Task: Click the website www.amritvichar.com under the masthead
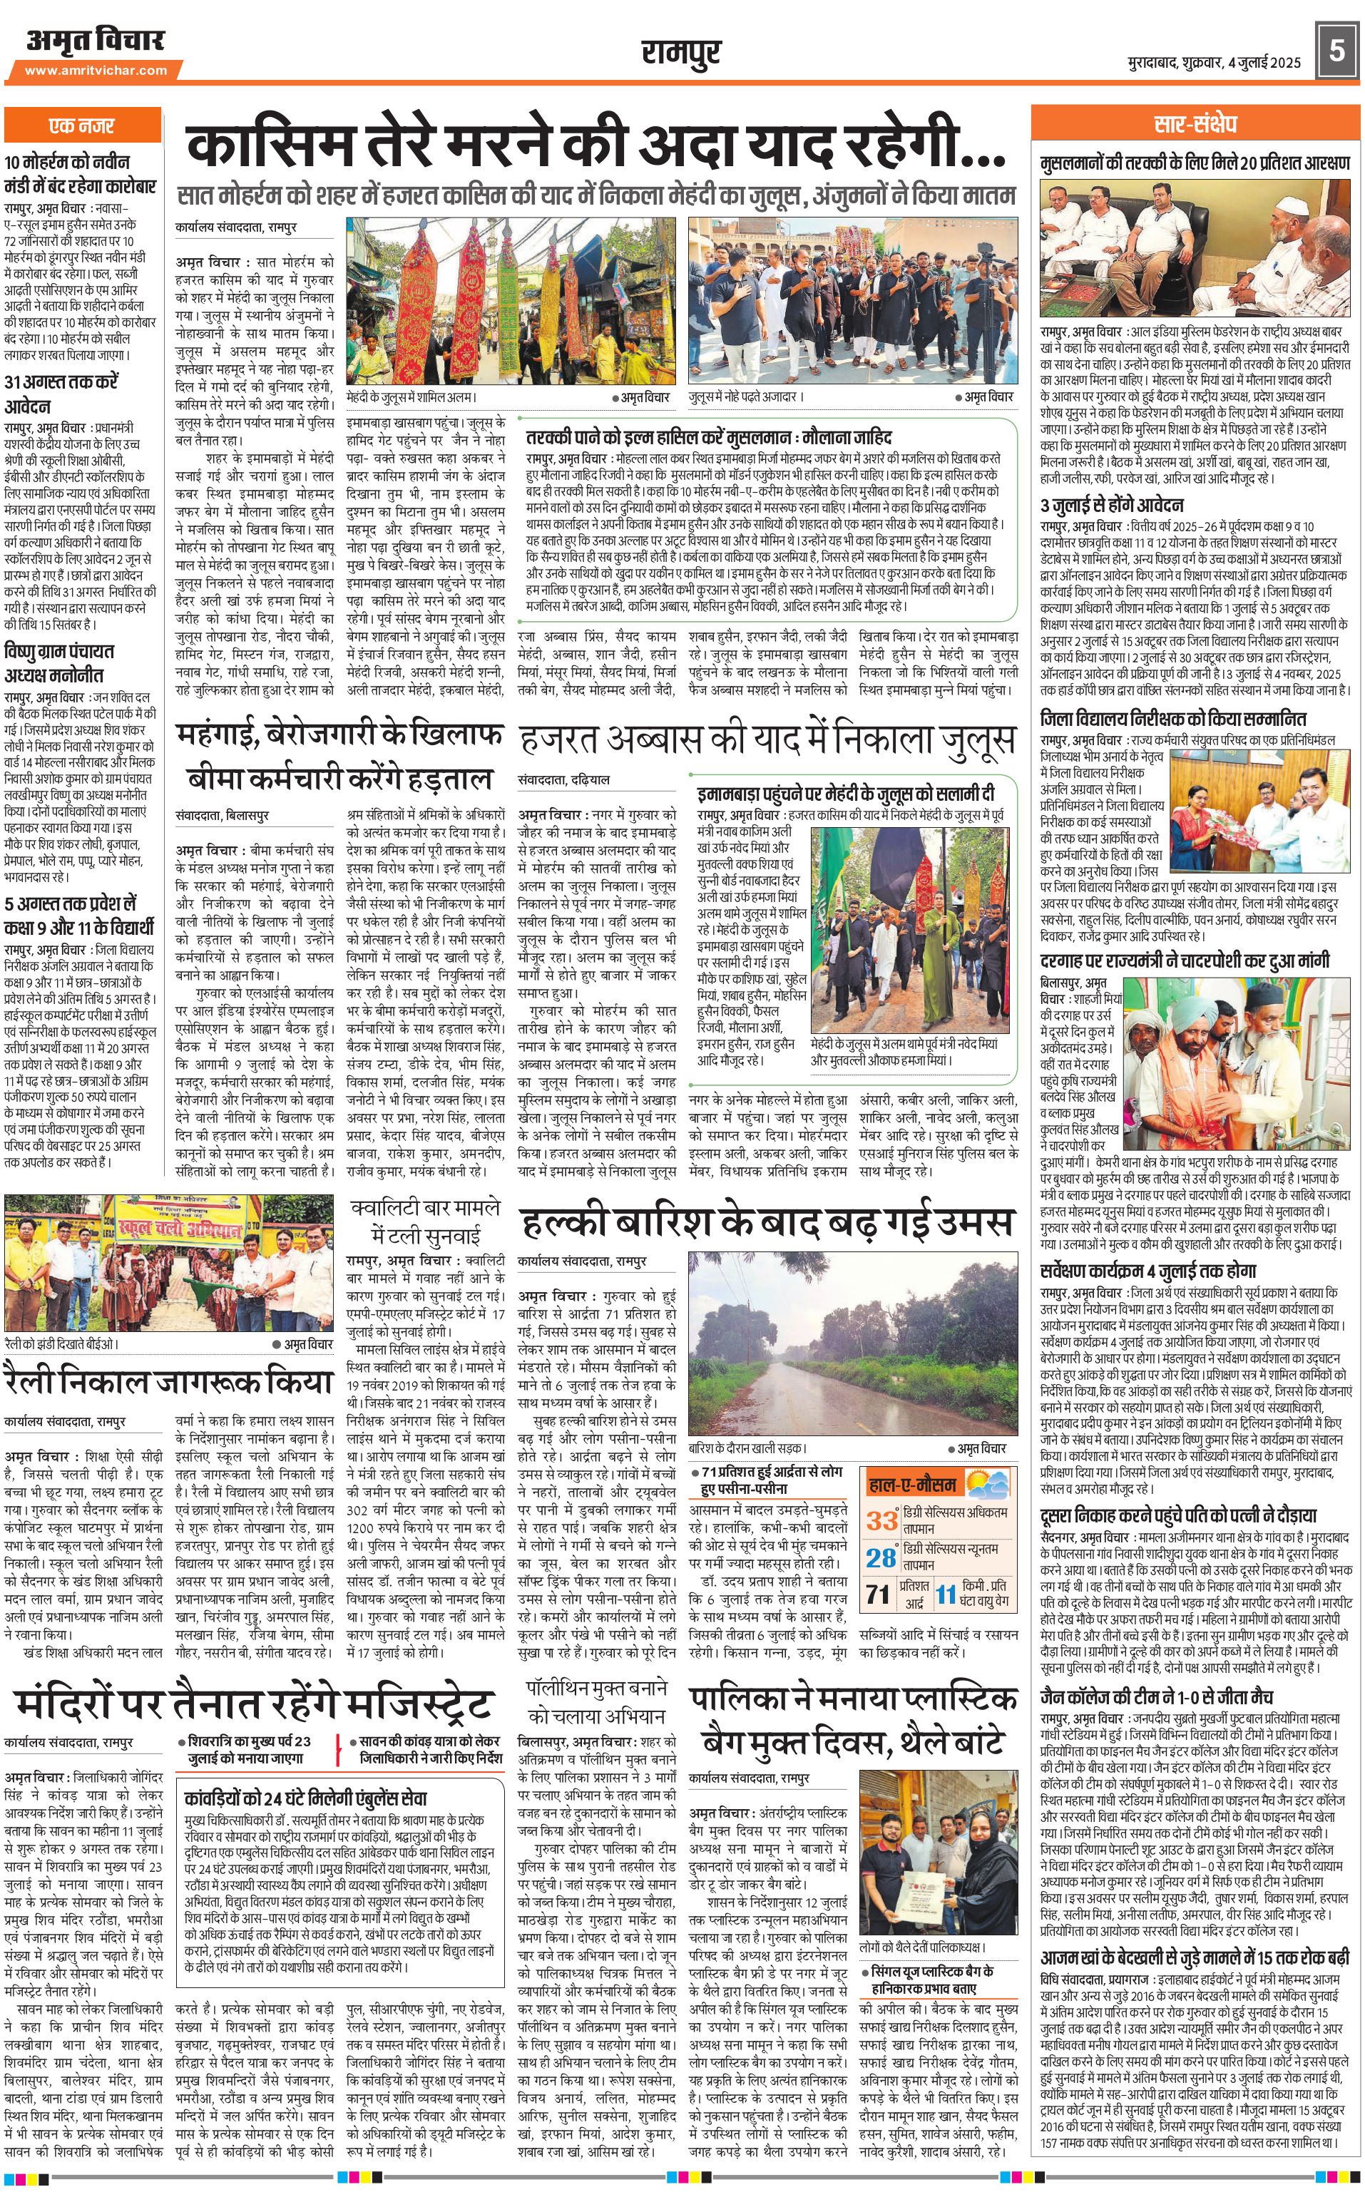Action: click(96, 71)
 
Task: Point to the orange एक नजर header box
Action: click(81, 126)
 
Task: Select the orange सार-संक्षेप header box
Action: click(1195, 123)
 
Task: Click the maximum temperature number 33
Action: click(881, 1520)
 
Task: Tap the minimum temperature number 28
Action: click(881, 1557)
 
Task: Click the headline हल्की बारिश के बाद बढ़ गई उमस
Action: click(767, 1224)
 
